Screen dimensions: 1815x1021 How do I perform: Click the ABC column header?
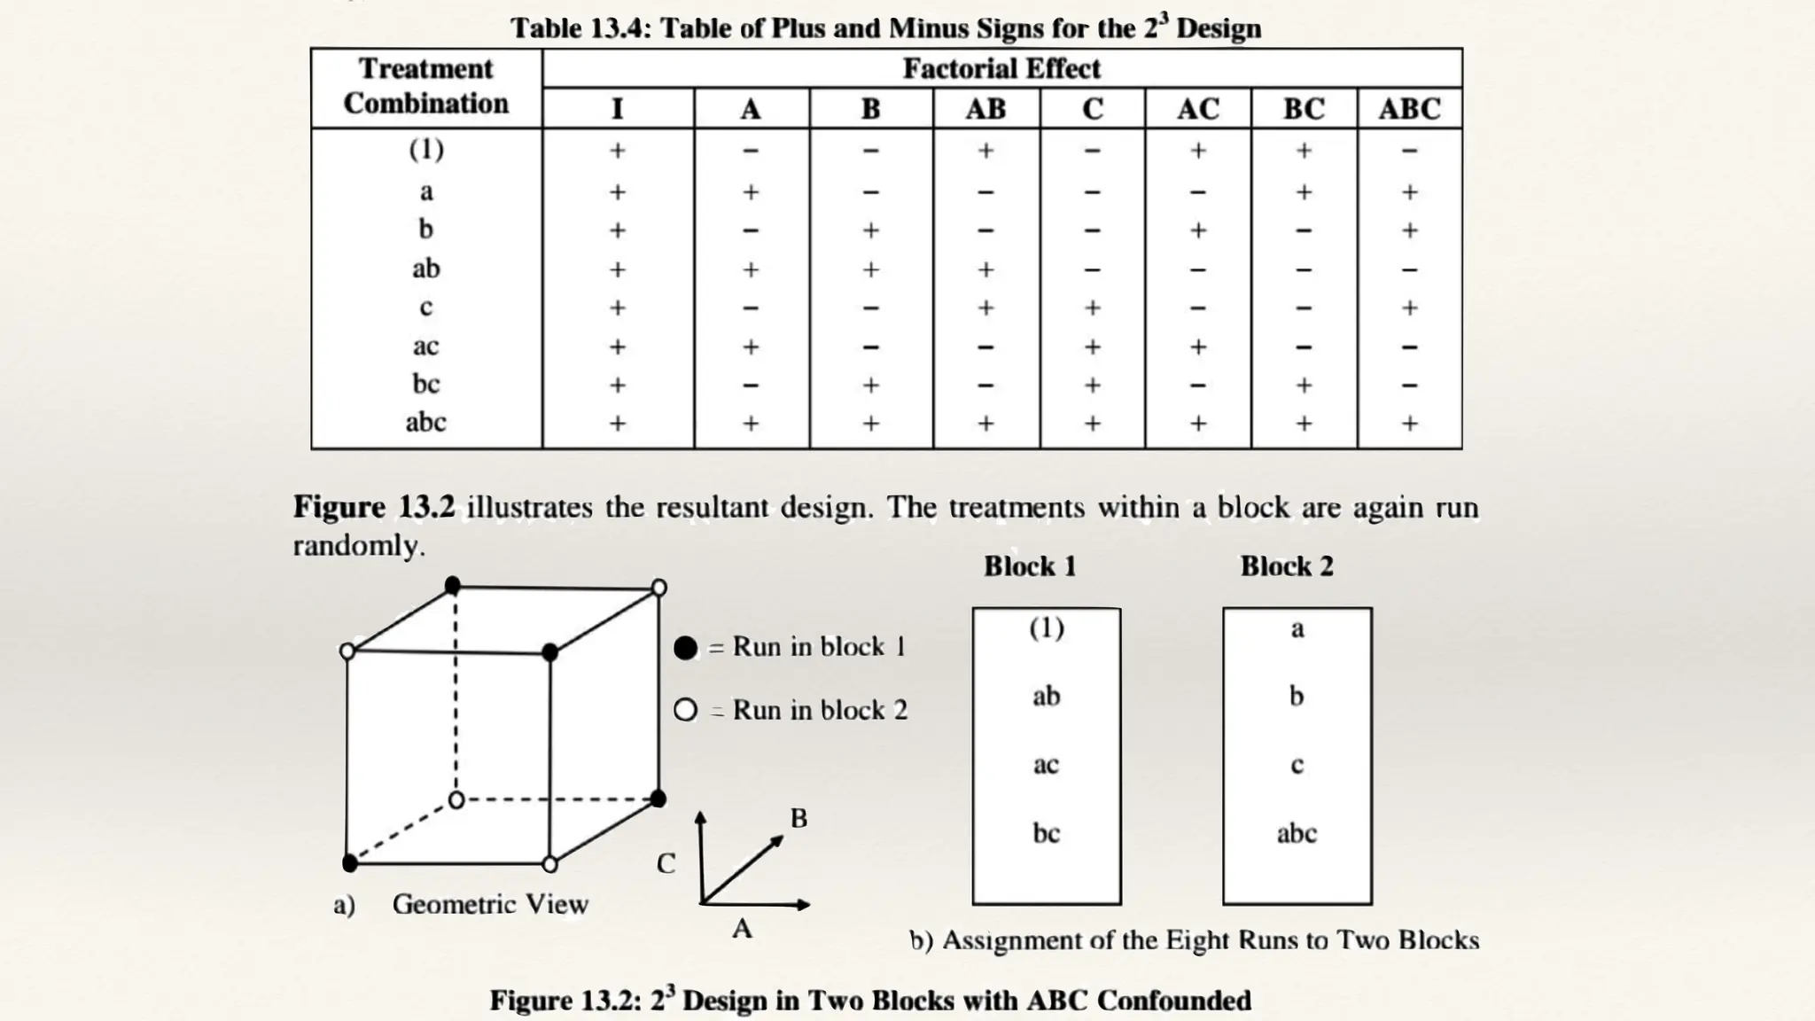click(x=1409, y=109)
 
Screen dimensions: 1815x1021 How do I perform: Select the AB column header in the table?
click(x=985, y=109)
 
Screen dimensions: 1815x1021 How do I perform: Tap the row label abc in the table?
click(x=425, y=423)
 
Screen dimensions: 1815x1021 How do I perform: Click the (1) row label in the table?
click(x=426, y=150)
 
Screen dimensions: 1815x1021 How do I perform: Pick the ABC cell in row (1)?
click(x=1409, y=152)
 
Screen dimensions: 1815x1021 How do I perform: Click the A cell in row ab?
click(x=751, y=269)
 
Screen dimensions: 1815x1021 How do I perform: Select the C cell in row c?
click(x=1092, y=308)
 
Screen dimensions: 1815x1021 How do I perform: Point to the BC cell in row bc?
click(x=1303, y=386)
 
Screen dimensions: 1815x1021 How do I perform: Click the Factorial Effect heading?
click(x=1001, y=68)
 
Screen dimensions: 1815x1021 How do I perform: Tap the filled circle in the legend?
click(x=685, y=648)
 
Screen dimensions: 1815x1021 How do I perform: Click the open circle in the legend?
click(x=685, y=710)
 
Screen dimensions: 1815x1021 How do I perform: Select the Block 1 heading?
click(x=1030, y=566)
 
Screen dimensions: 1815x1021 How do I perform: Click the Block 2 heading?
click(x=1286, y=566)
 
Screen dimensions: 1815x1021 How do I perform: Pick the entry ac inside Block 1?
click(x=1046, y=765)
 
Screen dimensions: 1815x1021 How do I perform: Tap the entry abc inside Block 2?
click(x=1297, y=833)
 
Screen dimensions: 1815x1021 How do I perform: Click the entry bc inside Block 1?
click(x=1046, y=833)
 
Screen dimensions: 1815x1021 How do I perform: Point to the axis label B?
click(x=798, y=818)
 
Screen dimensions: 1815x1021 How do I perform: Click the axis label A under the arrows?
click(x=742, y=929)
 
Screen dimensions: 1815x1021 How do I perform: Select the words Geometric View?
click(x=490, y=904)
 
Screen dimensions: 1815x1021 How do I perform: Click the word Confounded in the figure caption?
click(x=1173, y=1001)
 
